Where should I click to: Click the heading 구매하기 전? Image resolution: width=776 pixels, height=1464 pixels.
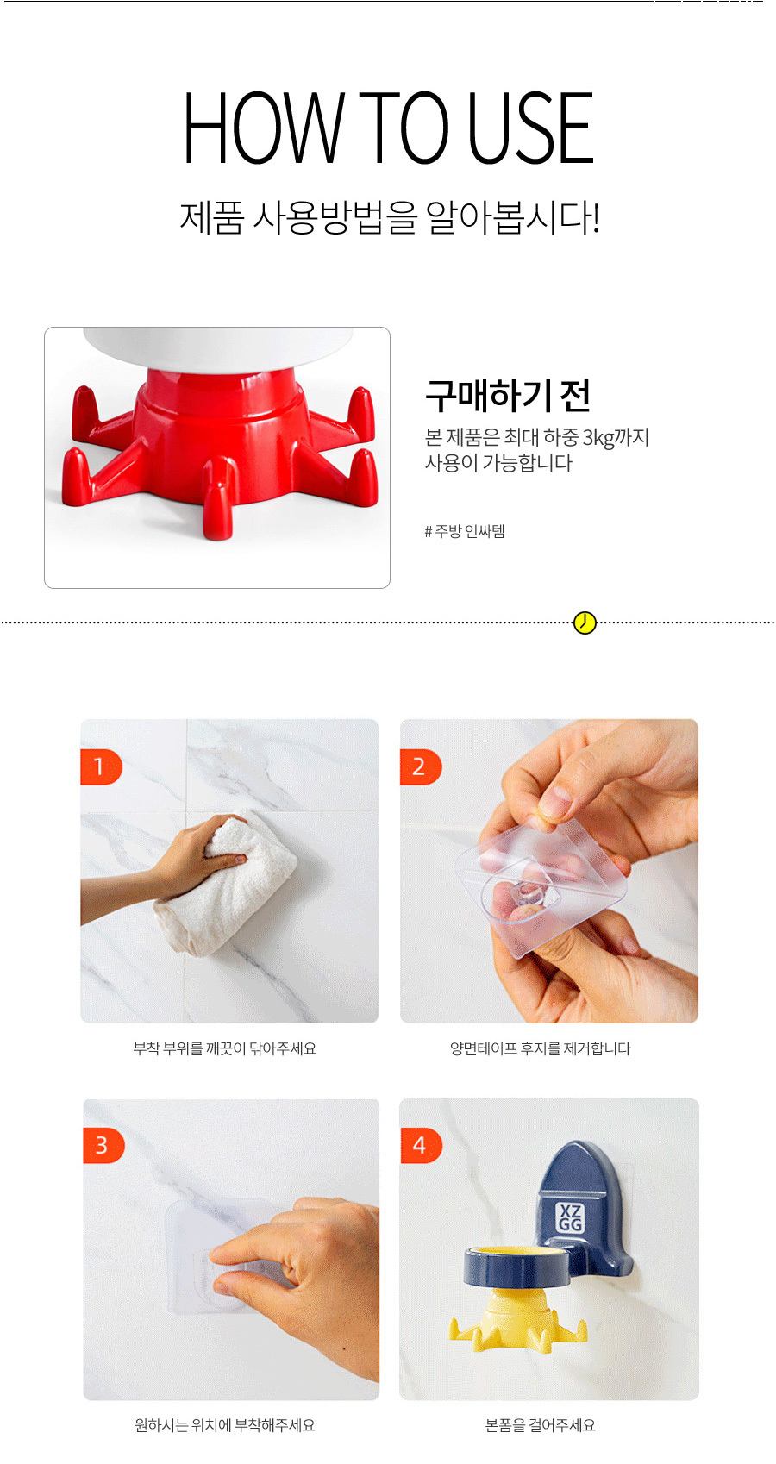(507, 396)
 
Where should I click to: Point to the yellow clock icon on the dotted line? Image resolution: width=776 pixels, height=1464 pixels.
(585, 623)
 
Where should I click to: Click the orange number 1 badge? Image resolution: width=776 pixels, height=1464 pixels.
(101, 766)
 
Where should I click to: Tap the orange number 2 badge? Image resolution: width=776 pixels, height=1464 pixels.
(421, 766)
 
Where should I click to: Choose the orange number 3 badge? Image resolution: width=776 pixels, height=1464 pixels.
(103, 1145)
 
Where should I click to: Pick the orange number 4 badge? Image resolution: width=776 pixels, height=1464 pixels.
(421, 1145)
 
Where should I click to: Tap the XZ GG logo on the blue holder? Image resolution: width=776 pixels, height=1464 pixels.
(570, 1217)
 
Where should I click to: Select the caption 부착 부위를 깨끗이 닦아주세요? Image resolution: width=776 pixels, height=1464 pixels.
(224, 1048)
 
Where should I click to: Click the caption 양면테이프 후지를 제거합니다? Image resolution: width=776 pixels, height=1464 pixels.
(540, 1048)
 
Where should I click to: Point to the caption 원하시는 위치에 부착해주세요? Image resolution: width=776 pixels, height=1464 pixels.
(224, 1425)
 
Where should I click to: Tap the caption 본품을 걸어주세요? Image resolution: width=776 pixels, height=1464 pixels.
(540, 1425)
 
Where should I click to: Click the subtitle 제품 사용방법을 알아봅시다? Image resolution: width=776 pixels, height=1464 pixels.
(389, 217)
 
